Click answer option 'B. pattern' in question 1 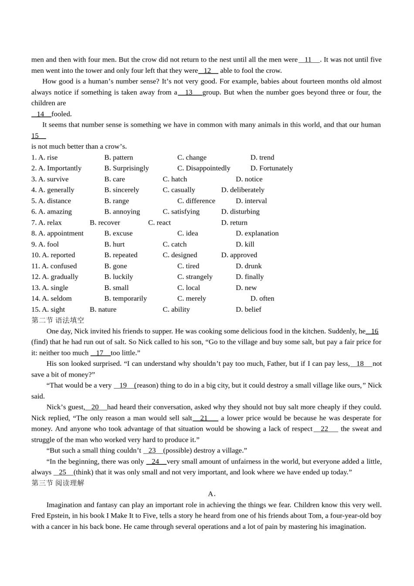pyautogui.click(x=119, y=157)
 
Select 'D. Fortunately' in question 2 pyautogui.click(x=271, y=168)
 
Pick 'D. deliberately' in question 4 pyautogui.click(x=243, y=190)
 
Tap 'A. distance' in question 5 pyautogui.click(x=51, y=201)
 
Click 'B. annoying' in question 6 pyautogui.click(x=122, y=211)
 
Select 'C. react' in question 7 pyautogui.click(x=159, y=222)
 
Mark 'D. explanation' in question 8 pyautogui.click(x=257, y=233)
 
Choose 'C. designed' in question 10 pyautogui.click(x=180, y=255)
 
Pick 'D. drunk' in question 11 pyautogui.click(x=249, y=266)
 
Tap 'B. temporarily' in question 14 pyautogui.click(x=126, y=299)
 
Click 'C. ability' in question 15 pyautogui.click(x=176, y=310)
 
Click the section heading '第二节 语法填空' pyautogui.click(x=58, y=320)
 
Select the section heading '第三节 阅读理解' pyautogui.click(x=58, y=483)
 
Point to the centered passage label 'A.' pyautogui.click(x=212, y=494)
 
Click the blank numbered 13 pyautogui.click(x=190, y=92)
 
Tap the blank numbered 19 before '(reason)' pyautogui.click(x=124, y=385)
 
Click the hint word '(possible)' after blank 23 pyautogui.click(x=177, y=450)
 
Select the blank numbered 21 pyautogui.click(x=205, y=418)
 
